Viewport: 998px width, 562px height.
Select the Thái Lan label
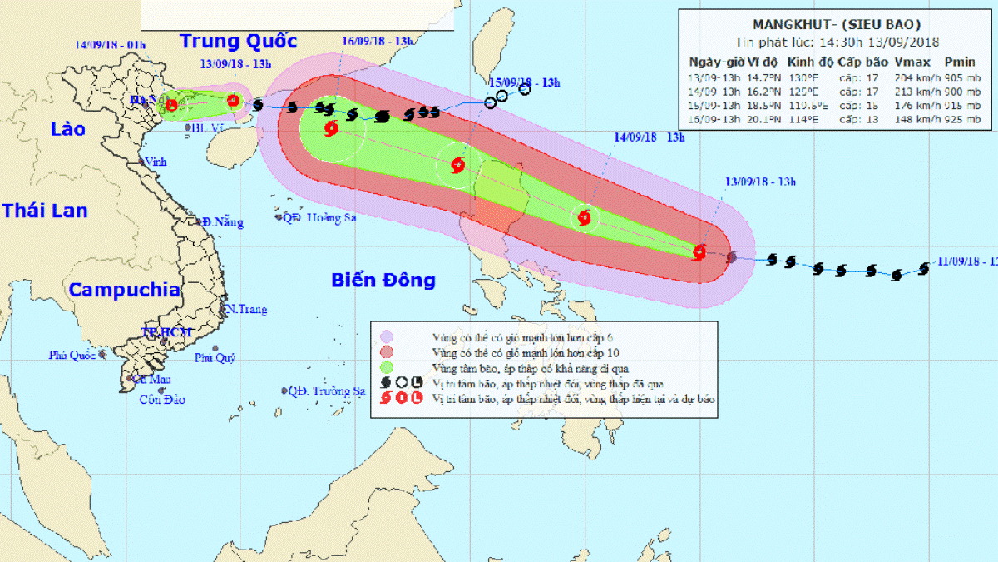coord(44,211)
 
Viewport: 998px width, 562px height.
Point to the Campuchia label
coord(124,290)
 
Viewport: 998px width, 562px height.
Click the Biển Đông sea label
coord(383,280)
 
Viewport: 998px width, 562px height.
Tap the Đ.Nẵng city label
coord(223,222)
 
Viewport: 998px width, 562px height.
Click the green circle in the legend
coord(387,367)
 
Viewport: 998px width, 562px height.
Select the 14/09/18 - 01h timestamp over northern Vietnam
coord(110,44)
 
